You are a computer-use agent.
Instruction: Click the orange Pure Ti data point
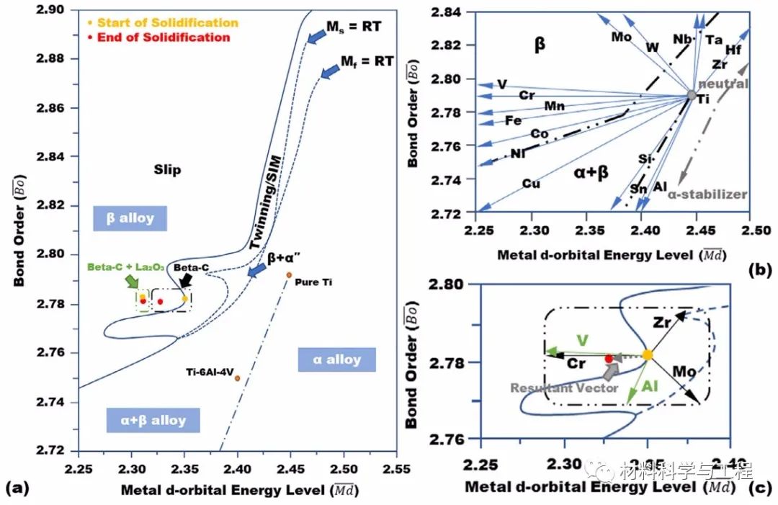pyautogui.click(x=288, y=274)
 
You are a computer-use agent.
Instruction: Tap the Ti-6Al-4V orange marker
pyautogui.click(x=237, y=378)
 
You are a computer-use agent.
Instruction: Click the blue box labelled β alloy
pyautogui.click(x=130, y=218)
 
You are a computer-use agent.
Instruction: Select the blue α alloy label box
pyautogui.click(x=337, y=359)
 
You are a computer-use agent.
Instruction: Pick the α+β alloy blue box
pyautogui.click(x=153, y=420)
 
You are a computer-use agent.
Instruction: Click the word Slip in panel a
pyautogui.click(x=167, y=170)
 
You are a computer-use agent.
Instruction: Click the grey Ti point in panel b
pyautogui.click(x=692, y=95)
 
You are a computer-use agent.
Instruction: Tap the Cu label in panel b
pyautogui.click(x=532, y=184)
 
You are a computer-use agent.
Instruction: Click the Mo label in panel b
pyautogui.click(x=621, y=36)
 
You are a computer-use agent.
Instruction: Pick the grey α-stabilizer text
pyautogui.click(x=707, y=195)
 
